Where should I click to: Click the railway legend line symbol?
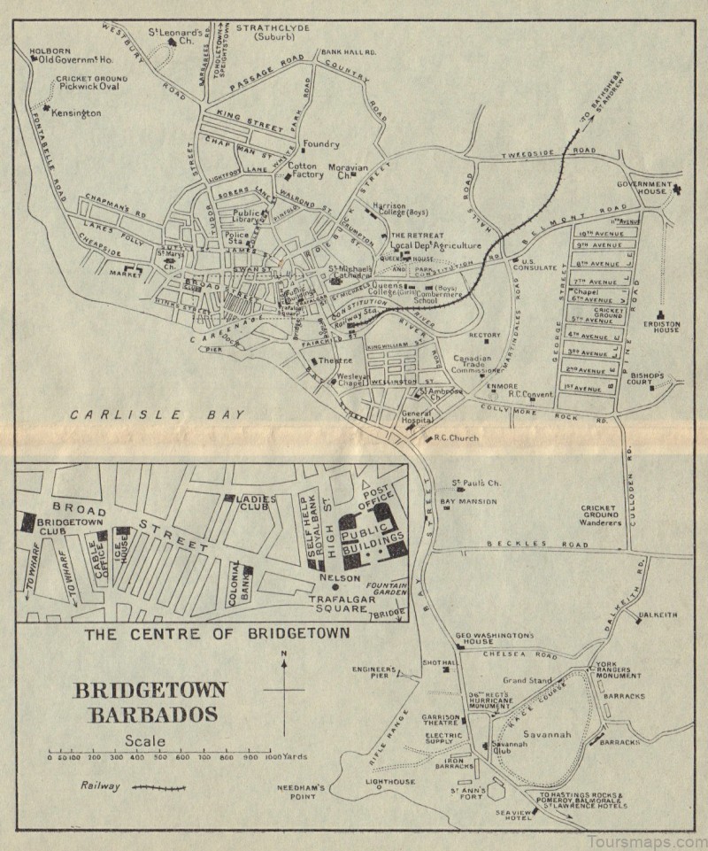[158, 786]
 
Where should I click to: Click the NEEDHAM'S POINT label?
[304, 792]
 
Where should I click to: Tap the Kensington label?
[77, 113]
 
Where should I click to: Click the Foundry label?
[320, 143]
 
